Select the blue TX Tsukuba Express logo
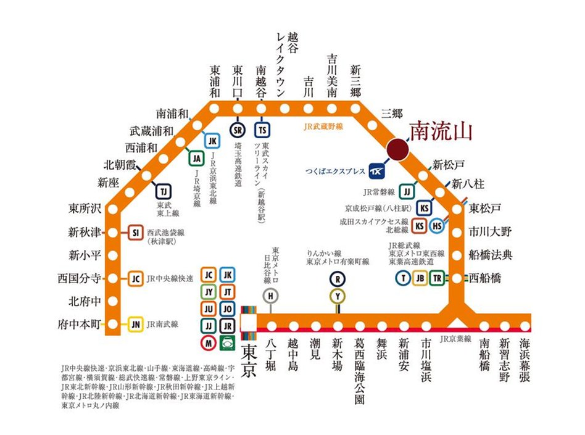click(x=376, y=170)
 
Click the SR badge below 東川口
click(x=238, y=130)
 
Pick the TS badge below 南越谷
click(x=262, y=130)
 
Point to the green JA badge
click(x=197, y=158)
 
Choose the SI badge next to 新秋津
click(x=136, y=233)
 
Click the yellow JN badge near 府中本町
click(x=136, y=323)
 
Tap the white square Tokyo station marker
click(x=249, y=323)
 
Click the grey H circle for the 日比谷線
click(x=270, y=296)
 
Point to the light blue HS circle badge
click(x=438, y=226)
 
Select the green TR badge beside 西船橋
click(x=437, y=278)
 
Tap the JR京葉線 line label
click(x=455, y=339)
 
